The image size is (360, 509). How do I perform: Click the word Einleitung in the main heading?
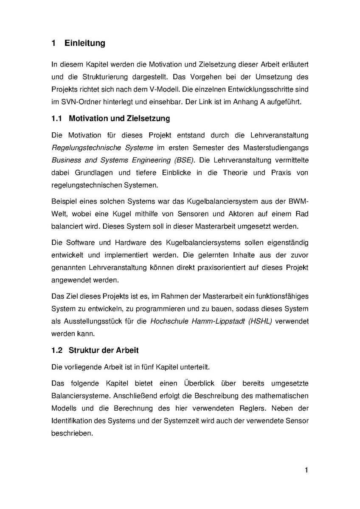click(x=85, y=43)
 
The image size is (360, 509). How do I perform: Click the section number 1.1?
click(x=57, y=118)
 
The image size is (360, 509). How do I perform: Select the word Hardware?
click(x=129, y=243)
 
